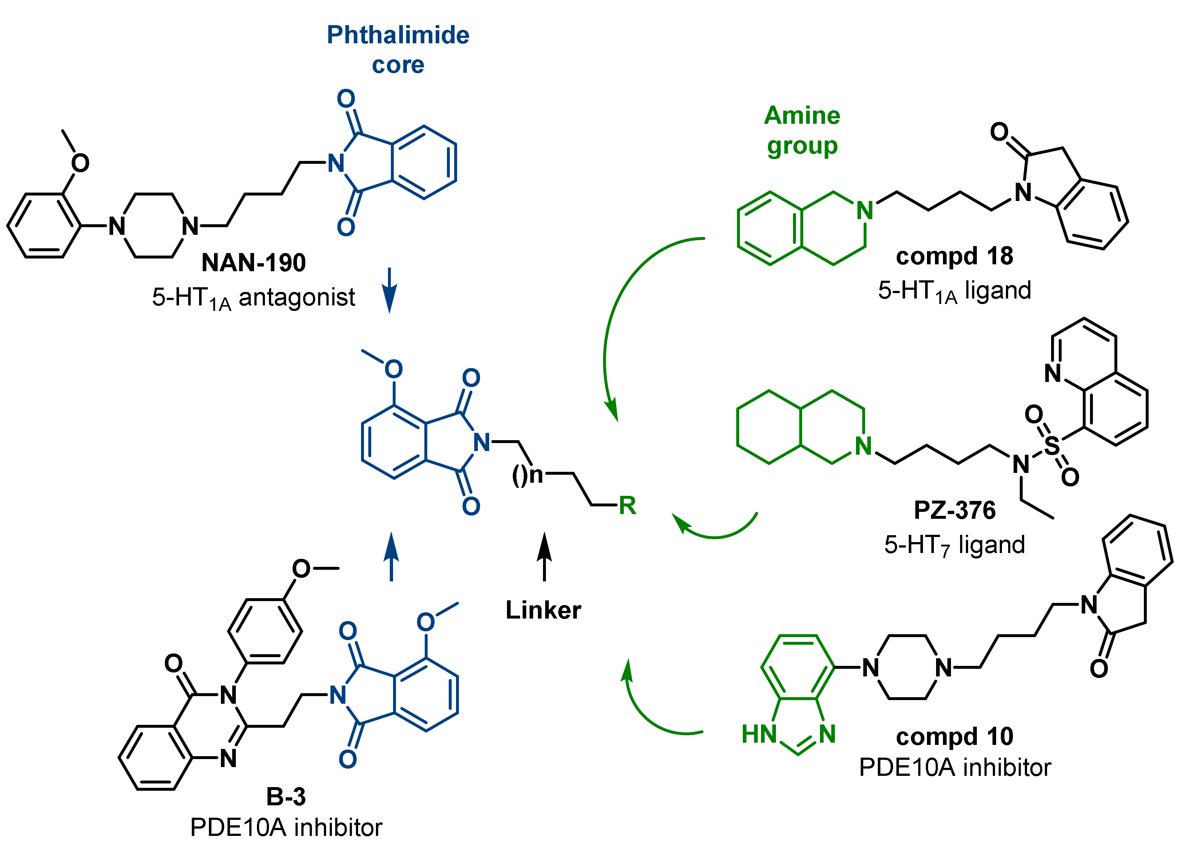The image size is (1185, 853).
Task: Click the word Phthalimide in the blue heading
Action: [398, 35]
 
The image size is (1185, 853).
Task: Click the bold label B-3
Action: [286, 797]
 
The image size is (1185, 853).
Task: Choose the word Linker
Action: [543, 610]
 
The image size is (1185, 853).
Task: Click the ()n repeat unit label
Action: [527, 475]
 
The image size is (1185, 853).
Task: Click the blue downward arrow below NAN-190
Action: [389, 291]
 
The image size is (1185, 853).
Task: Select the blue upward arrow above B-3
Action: [391, 557]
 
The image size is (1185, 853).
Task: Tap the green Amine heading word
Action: [802, 115]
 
